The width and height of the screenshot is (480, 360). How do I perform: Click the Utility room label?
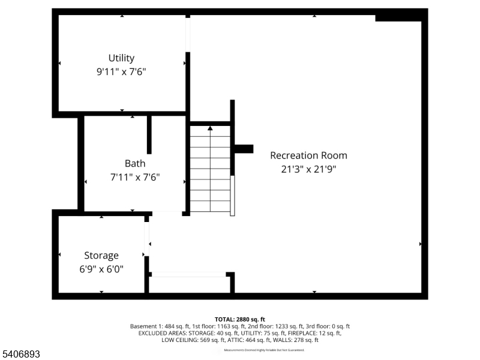tap(121, 58)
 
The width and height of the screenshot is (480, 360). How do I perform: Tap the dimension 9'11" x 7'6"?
tap(121, 71)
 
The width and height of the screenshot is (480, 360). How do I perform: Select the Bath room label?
tap(135, 163)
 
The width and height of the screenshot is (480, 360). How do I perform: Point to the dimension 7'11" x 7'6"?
tap(135, 177)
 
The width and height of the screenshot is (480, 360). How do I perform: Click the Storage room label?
tap(101, 256)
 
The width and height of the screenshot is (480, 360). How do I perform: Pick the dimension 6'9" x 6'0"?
tap(101, 269)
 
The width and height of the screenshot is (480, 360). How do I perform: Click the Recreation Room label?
tap(308, 155)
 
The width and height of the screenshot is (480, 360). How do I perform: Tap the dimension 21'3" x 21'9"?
tap(308, 169)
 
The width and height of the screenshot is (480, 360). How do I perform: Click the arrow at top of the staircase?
tap(210, 128)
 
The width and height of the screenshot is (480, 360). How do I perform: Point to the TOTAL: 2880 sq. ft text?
tap(239, 319)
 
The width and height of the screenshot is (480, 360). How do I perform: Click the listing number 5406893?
tap(21, 355)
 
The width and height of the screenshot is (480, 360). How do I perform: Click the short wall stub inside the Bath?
tap(149, 135)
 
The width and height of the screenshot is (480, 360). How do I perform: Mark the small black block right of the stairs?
tap(244, 149)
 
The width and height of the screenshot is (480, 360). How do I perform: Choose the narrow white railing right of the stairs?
tap(233, 196)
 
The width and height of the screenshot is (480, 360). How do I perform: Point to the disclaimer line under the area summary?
tap(264, 350)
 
